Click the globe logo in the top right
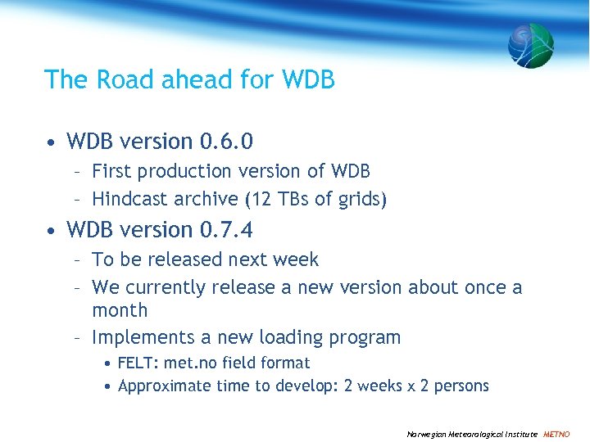coord(530,45)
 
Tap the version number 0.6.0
coord(226,142)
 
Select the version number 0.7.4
coord(226,229)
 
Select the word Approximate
coord(165,386)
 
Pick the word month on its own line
coord(120,311)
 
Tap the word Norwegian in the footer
coord(427,434)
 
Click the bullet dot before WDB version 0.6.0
coord(52,142)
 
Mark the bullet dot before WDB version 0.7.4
coord(52,230)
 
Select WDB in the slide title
coord(307,79)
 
